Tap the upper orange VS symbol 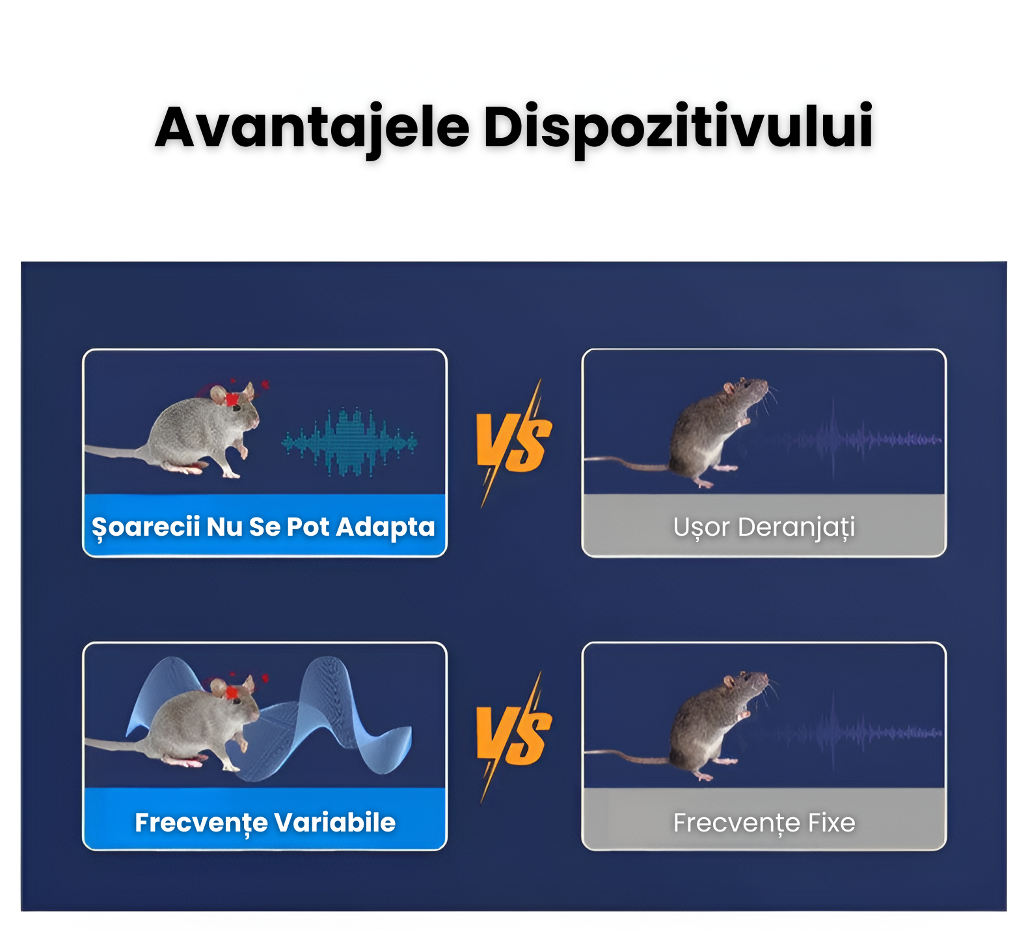pyautogui.click(x=514, y=443)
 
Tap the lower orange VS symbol pyautogui.click(x=514, y=737)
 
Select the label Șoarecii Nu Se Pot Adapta pyautogui.click(x=264, y=527)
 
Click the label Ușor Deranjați pyautogui.click(x=764, y=527)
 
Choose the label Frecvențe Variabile pyautogui.click(x=265, y=823)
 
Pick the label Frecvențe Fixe pyautogui.click(x=764, y=822)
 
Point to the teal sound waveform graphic pyautogui.click(x=349, y=442)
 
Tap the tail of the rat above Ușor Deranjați pyautogui.click(x=628, y=462)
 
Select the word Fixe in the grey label pyautogui.click(x=832, y=822)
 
